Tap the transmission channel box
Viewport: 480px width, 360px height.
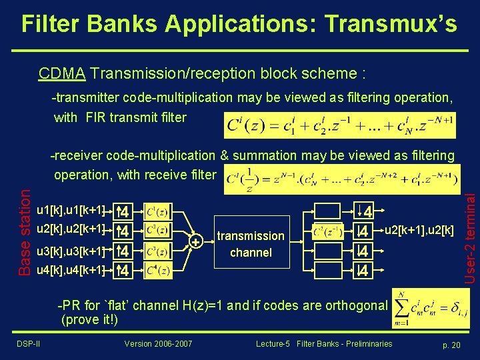tap(251, 244)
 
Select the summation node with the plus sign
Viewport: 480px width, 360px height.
tap(195, 241)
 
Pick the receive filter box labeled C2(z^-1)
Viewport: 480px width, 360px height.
tap(328, 231)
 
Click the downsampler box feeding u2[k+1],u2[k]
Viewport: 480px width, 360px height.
tap(363, 231)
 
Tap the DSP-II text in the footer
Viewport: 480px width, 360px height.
tap(28, 343)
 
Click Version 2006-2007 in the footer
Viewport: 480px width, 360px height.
tap(158, 343)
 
